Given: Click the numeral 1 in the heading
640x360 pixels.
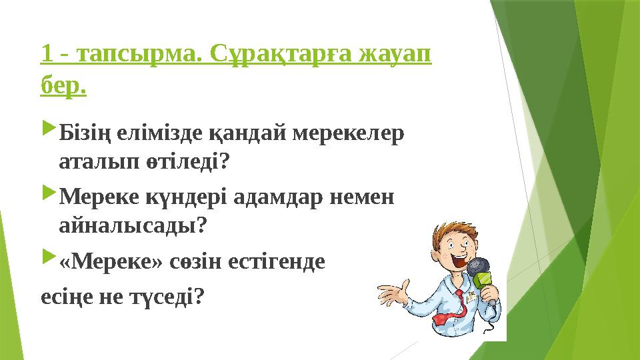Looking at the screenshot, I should click(x=45, y=56).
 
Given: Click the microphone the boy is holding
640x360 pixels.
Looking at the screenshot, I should click(x=482, y=273).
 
